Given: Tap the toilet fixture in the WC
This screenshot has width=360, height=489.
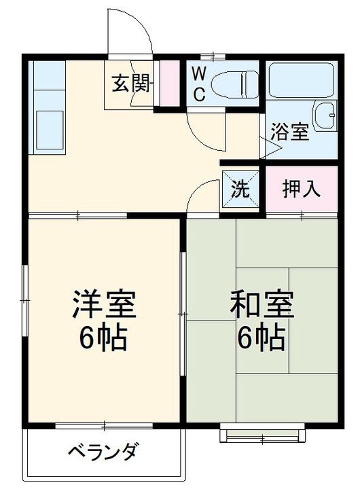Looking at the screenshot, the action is click(234, 84).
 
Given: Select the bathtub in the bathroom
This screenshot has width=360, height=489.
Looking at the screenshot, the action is click(302, 81).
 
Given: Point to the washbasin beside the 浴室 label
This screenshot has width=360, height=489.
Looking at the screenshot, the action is click(325, 115).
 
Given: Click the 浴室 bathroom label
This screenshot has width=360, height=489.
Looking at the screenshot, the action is click(289, 132).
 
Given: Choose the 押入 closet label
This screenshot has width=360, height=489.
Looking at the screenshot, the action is click(301, 189).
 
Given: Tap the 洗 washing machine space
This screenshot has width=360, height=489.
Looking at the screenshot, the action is click(240, 189).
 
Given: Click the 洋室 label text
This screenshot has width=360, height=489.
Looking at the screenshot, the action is click(104, 304).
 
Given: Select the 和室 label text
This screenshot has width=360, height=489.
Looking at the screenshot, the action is click(262, 304).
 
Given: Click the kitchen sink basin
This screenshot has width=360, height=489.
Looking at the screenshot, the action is click(50, 130).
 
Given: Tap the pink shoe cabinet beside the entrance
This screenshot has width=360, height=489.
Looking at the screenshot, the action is click(169, 83).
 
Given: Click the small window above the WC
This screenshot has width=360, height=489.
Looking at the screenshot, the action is click(213, 56).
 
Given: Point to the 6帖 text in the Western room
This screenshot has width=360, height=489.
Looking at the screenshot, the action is click(103, 338).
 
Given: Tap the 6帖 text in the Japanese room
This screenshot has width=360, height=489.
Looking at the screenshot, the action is click(262, 338).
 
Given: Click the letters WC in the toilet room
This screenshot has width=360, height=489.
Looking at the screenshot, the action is click(199, 84).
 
